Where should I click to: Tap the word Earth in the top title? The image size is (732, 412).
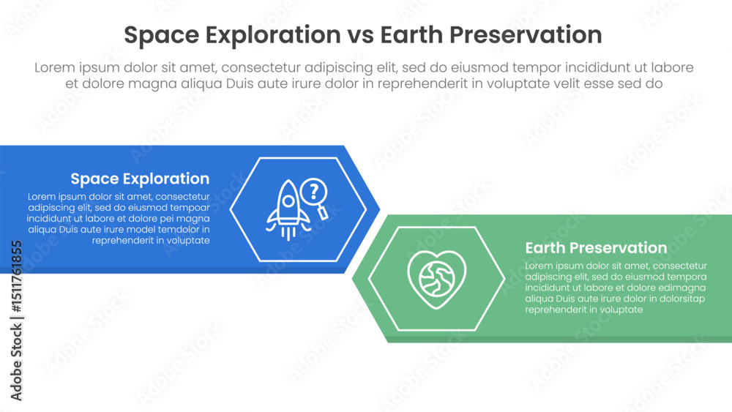click(x=411, y=34)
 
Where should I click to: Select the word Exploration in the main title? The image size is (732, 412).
click(x=273, y=35)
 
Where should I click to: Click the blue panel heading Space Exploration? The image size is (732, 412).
click(x=140, y=179)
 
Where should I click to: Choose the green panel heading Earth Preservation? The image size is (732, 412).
click(x=596, y=248)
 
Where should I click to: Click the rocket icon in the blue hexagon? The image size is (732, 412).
click(x=288, y=209)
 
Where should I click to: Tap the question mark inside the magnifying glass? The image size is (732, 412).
click(x=314, y=190)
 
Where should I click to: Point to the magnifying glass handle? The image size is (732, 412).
click(x=323, y=213)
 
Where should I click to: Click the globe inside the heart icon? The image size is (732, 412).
click(x=436, y=278)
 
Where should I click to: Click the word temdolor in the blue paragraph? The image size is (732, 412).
click(x=177, y=230)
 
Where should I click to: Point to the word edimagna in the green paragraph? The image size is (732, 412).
click(x=684, y=288)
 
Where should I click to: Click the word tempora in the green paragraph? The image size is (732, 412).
click(x=687, y=277)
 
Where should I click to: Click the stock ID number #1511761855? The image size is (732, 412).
click(x=16, y=277)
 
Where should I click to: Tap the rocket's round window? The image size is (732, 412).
click(x=288, y=201)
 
